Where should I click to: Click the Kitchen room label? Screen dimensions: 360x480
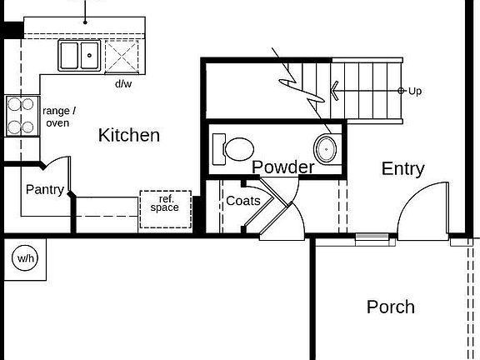pos(129,135)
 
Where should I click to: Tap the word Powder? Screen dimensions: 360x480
pos(283,167)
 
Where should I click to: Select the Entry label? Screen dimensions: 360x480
pos(402,168)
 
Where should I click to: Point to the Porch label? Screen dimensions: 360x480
pos(391,307)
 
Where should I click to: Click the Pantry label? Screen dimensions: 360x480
pos(44,189)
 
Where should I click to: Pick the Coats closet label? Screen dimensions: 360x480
pos(243,201)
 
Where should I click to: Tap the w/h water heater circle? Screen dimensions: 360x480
pos(25,258)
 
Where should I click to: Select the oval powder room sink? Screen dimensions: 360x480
pos(325,149)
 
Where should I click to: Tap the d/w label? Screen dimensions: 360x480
pos(123,83)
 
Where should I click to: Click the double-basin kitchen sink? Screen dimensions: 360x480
pos(79,56)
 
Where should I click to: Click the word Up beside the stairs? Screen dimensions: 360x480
pos(415,90)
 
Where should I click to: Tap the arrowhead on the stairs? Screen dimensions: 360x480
pos(335,90)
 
